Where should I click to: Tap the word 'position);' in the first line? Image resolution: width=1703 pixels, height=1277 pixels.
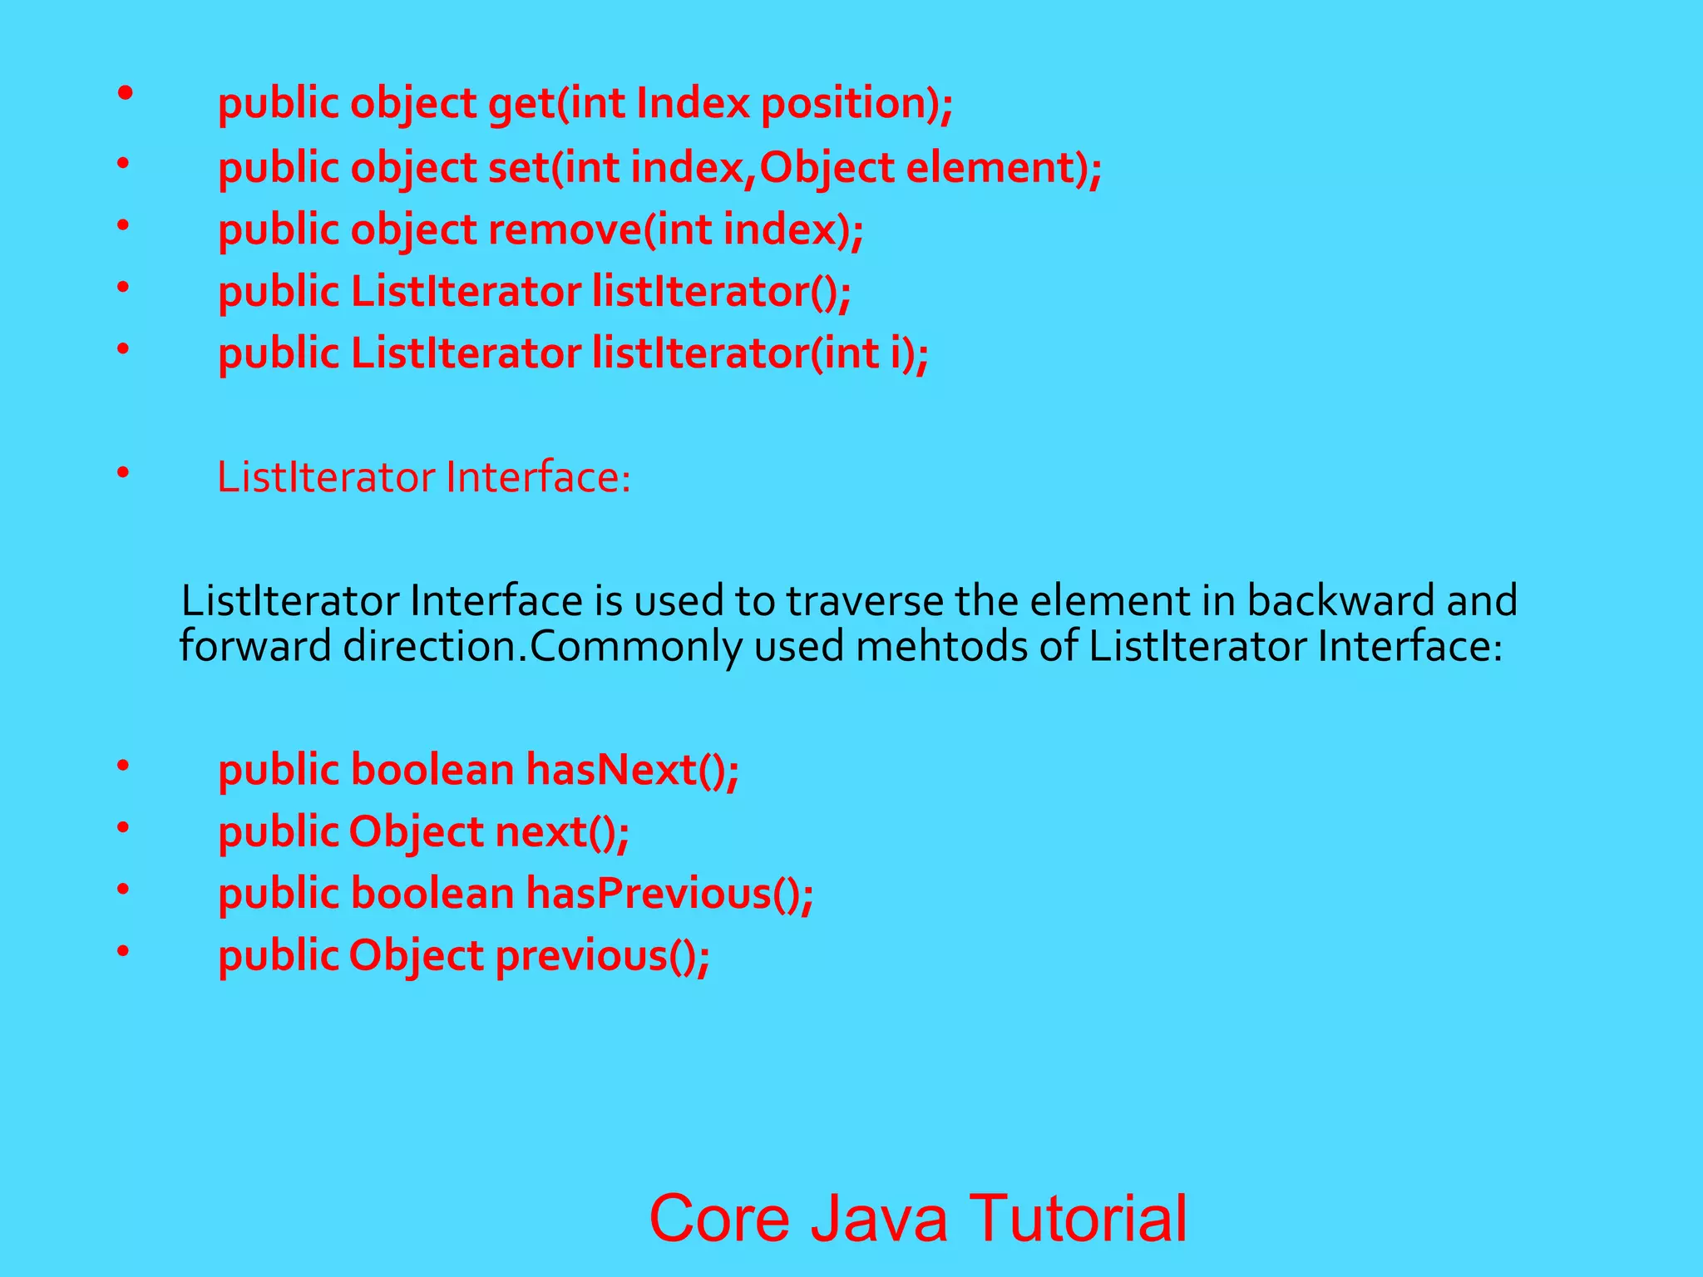coord(857,105)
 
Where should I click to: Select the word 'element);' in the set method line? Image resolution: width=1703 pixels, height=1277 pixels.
coord(1003,168)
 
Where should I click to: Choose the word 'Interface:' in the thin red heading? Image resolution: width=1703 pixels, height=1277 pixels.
coord(538,478)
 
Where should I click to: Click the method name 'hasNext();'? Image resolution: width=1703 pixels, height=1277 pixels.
coord(632,770)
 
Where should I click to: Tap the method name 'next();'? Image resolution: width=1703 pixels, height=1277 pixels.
coord(562,832)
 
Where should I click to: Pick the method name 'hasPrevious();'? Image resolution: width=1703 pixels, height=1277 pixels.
coord(669,895)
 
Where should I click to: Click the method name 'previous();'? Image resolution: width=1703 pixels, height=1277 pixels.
coord(603,956)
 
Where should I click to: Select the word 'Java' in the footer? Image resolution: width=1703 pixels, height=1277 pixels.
coord(879,1218)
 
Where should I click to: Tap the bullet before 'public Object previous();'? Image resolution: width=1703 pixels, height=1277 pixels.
coord(123,950)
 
